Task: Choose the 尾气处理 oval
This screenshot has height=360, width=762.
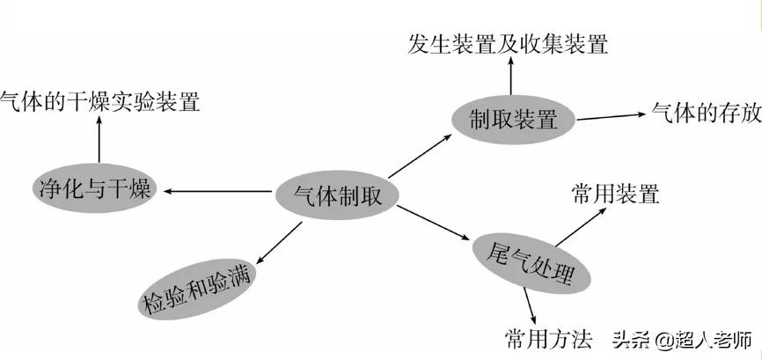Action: click(x=530, y=261)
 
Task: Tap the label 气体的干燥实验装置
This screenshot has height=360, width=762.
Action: click(x=99, y=100)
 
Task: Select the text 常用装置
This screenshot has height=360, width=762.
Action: click(x=615, y=194)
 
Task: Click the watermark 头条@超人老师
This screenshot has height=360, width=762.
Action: click(x=682, y=339)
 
